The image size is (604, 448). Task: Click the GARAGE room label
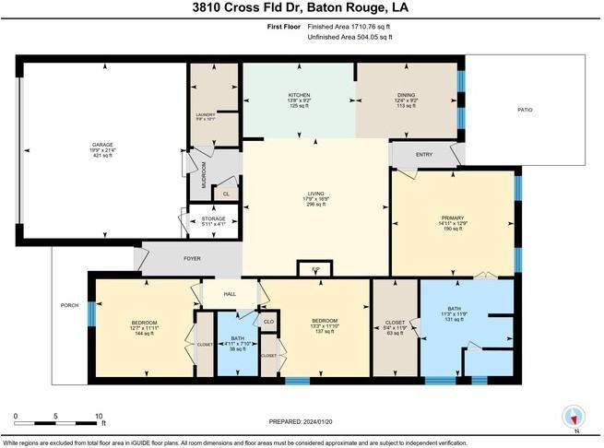[101, 145]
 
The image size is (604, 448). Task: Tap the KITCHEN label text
[298, 94]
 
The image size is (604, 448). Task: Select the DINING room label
[406, 94]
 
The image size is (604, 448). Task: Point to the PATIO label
[525, 111]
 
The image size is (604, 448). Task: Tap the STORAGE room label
[213, 218]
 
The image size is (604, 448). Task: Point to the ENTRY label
[424, 155]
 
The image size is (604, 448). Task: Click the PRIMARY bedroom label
[453, 217]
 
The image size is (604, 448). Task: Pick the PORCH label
[68, 305]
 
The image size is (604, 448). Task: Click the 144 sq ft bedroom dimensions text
[145, 329]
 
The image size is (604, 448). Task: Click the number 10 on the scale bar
[99, 416]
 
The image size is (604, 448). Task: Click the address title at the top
[302, 9]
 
